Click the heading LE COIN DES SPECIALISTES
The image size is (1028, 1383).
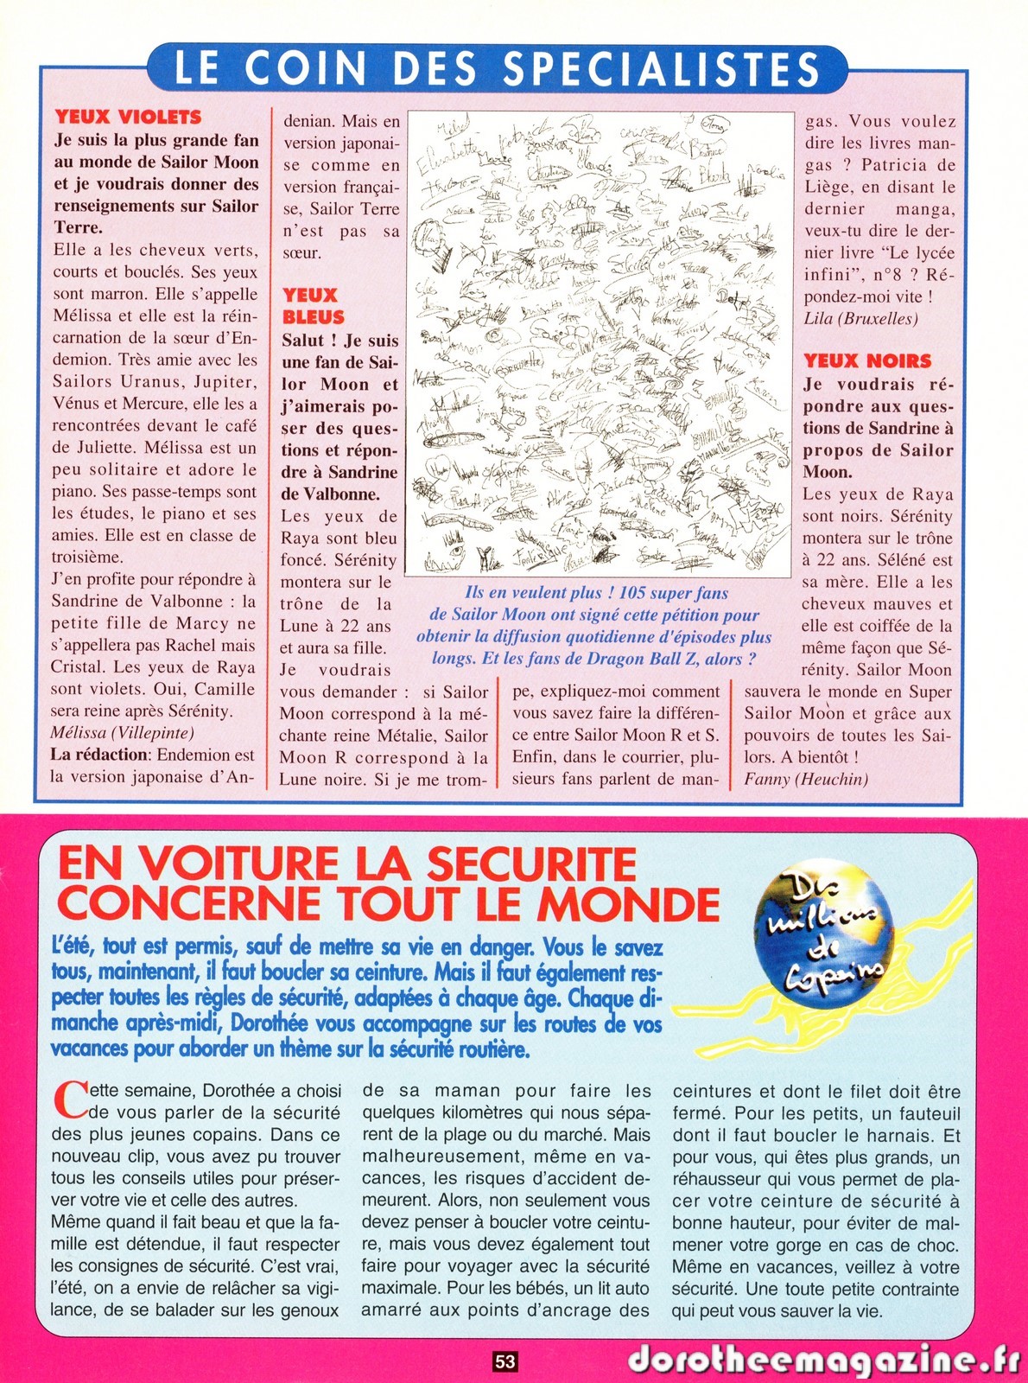tap(497, 68)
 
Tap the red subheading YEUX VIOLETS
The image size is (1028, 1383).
tap(128, 117)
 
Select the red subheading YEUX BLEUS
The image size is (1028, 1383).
tap(313, 306)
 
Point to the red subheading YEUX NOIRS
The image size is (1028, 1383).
tap(867, 361)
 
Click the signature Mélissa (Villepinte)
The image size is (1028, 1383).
tap(122, 733)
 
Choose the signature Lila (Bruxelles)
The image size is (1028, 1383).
tap(860, 318)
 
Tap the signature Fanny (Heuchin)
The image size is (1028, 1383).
tap(806, 779)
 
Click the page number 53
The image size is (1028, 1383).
tap(505, 1362)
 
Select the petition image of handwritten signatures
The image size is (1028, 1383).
tap(600, 343)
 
